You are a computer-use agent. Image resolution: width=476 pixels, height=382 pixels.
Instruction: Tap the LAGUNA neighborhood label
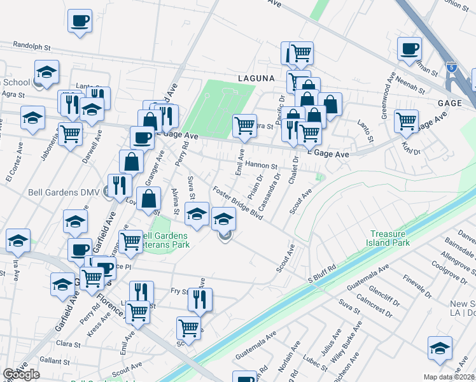[x=256, y=78]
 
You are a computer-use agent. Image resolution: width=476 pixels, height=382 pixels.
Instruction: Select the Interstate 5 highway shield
[x=451, y=66]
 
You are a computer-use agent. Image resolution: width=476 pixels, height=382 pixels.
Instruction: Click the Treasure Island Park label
[x=390, y=237]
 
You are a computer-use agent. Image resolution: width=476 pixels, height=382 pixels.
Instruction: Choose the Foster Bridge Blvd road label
[x=238, y=203]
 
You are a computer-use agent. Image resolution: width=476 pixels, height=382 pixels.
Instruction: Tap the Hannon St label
[x=262, y=165]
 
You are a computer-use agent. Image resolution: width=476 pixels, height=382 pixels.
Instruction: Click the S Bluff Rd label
[x=321, y=279]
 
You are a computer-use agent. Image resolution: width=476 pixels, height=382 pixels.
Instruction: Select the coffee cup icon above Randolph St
[x=80, y=21]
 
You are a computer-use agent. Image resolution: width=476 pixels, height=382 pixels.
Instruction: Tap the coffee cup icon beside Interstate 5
[x=409, y=48]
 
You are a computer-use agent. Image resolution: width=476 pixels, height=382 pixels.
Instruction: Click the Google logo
[x=22, y=374]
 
